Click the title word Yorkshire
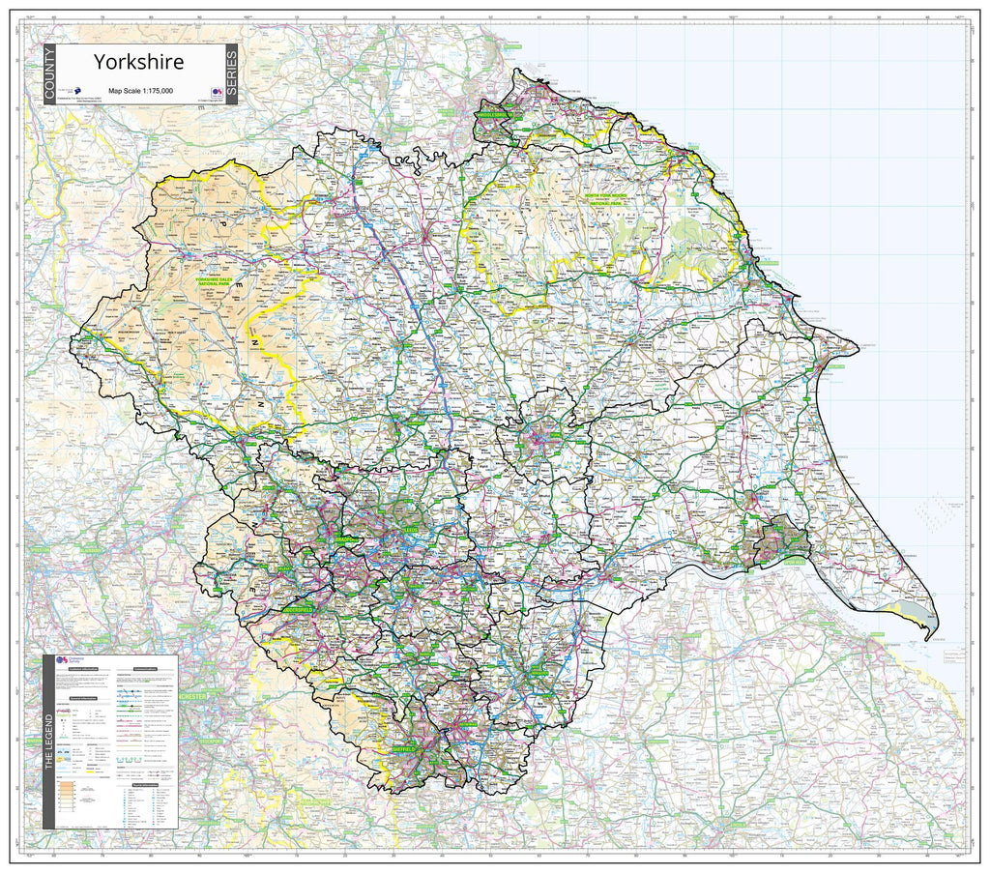pyautogui.click(x=138, y=61)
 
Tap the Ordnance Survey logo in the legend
pyautogui.click(x=63, y=661)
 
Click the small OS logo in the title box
pyautogui.click(x=218, y=93)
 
